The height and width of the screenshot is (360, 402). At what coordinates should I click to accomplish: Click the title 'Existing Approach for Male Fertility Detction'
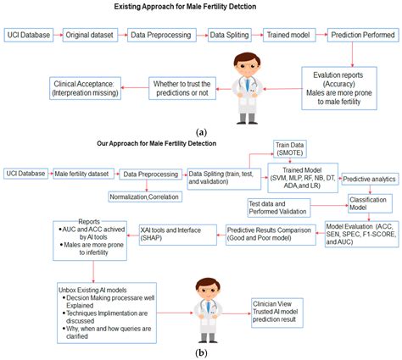[201, 8]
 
